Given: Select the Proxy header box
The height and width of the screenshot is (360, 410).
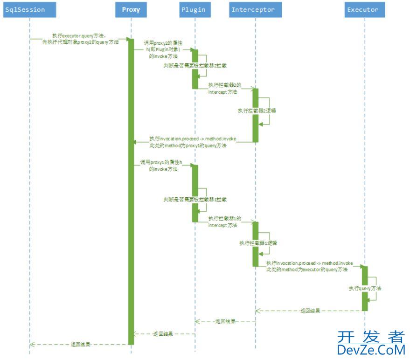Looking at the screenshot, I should click(131, 10).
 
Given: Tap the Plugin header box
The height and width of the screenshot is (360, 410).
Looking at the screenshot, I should click(194, 10).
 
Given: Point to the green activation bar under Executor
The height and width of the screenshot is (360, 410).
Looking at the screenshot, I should click(365, 288).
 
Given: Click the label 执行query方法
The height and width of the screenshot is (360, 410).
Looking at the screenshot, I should click(365, 289).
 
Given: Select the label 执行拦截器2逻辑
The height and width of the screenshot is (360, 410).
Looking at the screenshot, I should click(257, 111).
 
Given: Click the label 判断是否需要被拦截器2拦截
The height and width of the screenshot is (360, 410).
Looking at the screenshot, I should click(195, 67).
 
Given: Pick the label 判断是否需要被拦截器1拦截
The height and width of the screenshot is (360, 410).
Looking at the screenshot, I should click(195, 200).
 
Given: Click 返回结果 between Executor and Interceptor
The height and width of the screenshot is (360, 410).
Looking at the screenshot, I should click(310, 311).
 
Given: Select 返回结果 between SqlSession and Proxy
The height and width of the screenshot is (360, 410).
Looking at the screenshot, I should click(80, 344).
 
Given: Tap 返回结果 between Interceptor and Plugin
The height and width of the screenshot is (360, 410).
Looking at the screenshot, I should click(225, 321).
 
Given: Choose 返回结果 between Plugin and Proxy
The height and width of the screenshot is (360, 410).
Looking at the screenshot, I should click(163, 334).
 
